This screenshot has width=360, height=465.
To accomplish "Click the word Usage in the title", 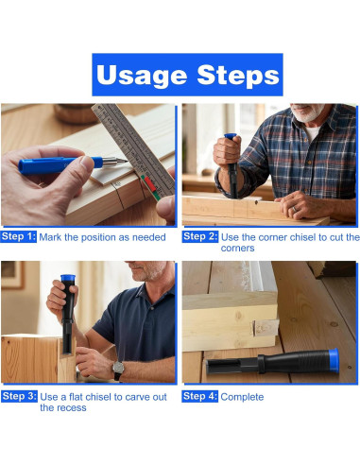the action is [x=142, y=76].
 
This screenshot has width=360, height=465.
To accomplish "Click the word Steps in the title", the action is [x=238, y=75].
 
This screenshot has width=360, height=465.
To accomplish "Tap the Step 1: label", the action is [x=19, y=236].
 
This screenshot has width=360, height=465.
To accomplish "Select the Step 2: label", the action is [x=200, y=236].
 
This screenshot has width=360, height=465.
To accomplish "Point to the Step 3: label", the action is [x=19, y=396].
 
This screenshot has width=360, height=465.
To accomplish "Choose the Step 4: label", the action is [x=199, y=396].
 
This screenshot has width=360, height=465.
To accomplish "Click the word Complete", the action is [x=242, y=397].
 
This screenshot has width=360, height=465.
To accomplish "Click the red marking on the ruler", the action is [x=150, y=183].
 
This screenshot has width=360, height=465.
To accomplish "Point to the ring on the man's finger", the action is [x=294, y=209].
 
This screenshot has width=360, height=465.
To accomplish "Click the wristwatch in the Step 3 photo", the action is [x=118, y=370].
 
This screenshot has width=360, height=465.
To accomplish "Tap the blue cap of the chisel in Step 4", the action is [x=334, y=361].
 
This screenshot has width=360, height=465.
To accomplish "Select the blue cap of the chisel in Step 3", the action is [x=68, y=278].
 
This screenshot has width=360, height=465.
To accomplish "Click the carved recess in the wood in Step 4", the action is [x=265, y=328].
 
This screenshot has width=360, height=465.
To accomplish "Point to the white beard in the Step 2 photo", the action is [x=307, y=114].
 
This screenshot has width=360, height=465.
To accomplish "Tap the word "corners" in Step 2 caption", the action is [x=237, y=249].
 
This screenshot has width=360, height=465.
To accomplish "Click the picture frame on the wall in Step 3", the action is [x=12, y=275].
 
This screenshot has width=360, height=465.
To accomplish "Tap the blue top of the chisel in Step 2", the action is [x=231, y=136].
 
